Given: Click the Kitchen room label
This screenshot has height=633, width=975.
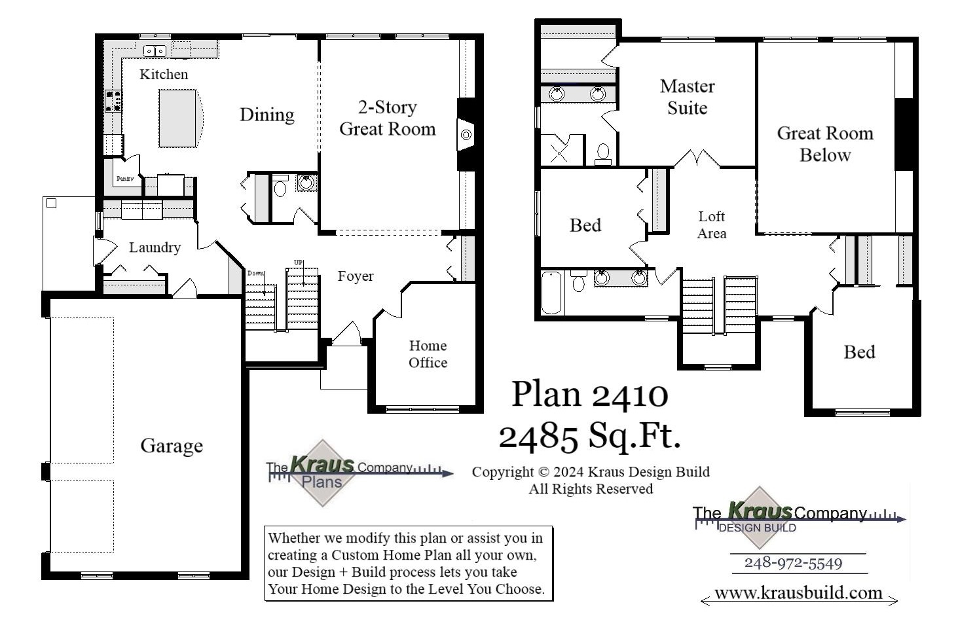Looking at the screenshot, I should [x=164, y=75].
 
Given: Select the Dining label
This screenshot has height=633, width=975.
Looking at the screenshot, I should [x=267, y=115].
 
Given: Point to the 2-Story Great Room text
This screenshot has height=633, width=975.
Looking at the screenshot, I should [x=387, y=118].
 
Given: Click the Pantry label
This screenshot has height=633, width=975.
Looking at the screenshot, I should [x=125, y=179].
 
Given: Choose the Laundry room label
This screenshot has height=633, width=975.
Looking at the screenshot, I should [x=155, y=247].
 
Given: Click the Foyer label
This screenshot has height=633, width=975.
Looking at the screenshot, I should [x=356, y=276].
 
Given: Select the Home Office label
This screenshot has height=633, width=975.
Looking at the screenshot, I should [x=428, y=354].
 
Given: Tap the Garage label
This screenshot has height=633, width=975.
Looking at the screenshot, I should [x=172, y=446].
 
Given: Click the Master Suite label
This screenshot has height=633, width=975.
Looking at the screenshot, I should [x=687, y=97].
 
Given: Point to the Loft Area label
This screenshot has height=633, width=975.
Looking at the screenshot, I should [x=711, y=225].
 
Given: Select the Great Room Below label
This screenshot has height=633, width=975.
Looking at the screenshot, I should [x=825, y=144].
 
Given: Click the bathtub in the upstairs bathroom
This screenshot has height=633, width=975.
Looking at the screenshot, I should [x=552, y=293].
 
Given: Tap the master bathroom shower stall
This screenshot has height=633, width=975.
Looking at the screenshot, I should [x=561, y=151].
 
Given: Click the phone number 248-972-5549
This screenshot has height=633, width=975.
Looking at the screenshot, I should [x=793, y=563].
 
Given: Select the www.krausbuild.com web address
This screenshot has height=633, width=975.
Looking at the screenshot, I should [x=798, y=593].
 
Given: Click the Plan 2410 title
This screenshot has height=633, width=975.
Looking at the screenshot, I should [x=589, y=394].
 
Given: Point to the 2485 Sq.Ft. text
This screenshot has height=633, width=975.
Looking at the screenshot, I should [x=589, y=435].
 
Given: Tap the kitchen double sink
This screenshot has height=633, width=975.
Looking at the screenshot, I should [x=155, y=50].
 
